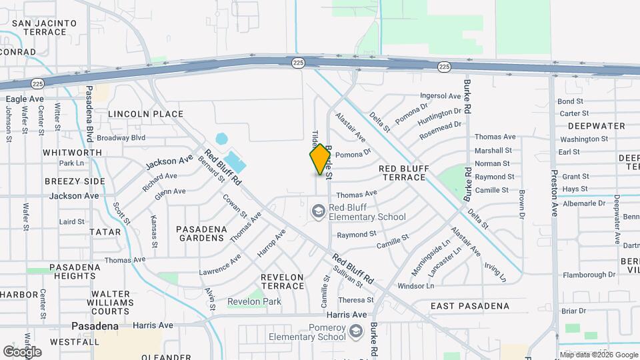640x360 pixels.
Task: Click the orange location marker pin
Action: coord(321,159)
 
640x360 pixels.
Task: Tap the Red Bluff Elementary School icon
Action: coord(318,211)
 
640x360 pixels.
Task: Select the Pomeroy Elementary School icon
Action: coord(356,331)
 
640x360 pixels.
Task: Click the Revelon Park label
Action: coord(254,301)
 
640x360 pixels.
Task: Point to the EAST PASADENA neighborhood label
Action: coord(469,307)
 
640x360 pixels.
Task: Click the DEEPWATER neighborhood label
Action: coord(597,126)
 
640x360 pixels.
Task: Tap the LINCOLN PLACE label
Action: coord(145,114)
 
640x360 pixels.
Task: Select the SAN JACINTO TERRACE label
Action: coord(45,27)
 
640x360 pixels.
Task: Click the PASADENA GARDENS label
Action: coord(201,234)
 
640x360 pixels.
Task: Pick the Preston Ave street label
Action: coord(553,193)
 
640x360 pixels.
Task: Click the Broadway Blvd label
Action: coord(121,138)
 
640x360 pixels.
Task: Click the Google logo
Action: coord(22,351)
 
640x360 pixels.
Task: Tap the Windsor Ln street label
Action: coord(415,286)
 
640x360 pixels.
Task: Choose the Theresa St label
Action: coord(356,301)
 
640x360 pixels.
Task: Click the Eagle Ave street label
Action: coord(25,99)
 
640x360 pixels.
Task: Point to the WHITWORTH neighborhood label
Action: coord(72,153)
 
